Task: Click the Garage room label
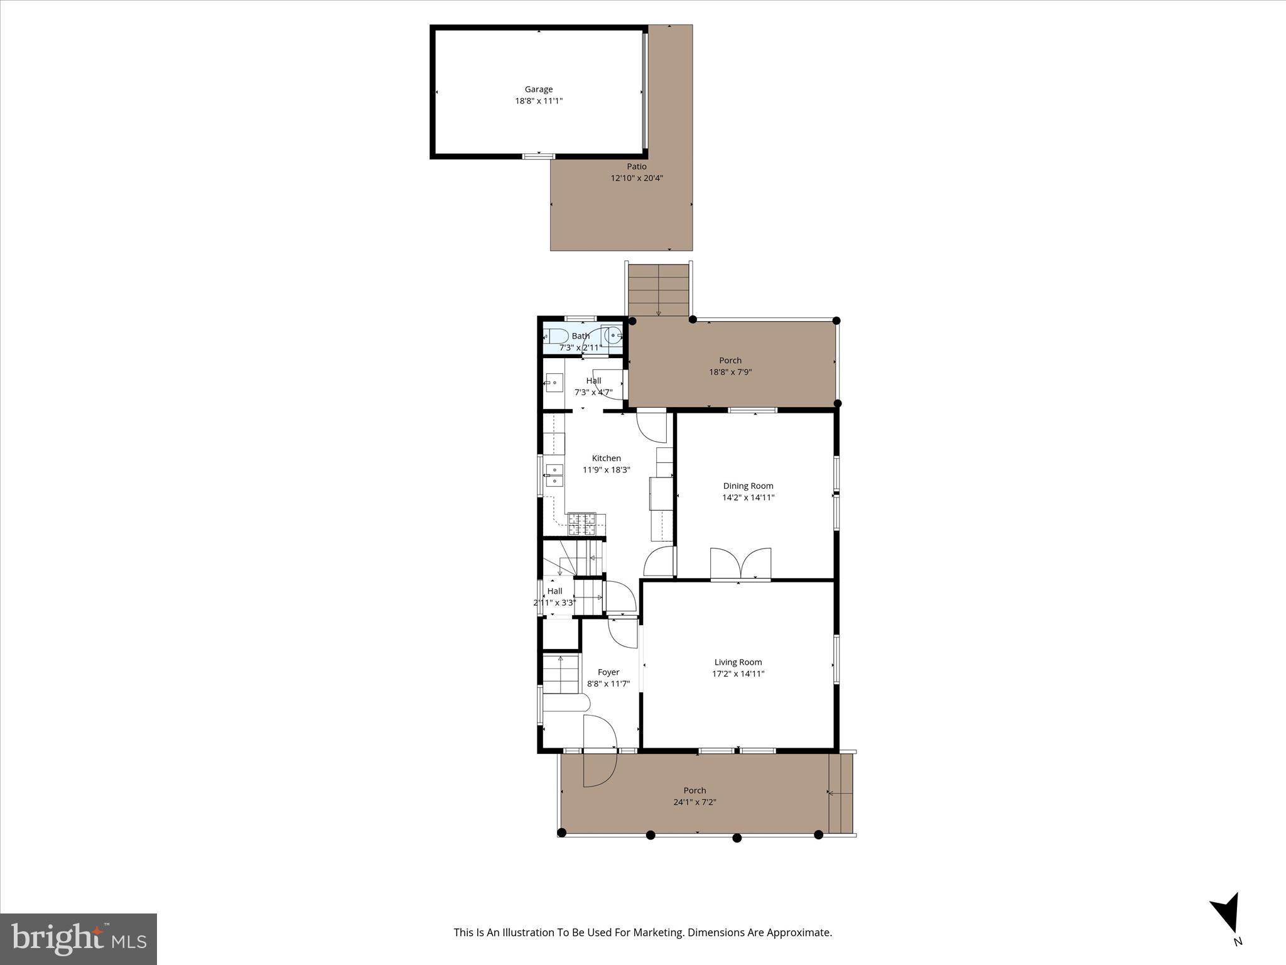point(539,89)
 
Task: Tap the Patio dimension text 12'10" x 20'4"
point(637,178)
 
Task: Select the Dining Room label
point(748,486)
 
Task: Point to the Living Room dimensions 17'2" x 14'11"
point(738,673)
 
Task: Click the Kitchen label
point(606,458)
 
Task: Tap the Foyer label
point(608,672)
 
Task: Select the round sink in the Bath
point(612,336)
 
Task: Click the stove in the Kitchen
point(581,524)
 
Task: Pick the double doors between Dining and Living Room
point(740,564)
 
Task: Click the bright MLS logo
point(78,939)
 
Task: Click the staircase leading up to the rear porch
point(658,290)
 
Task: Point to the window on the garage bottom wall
point(539,156)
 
